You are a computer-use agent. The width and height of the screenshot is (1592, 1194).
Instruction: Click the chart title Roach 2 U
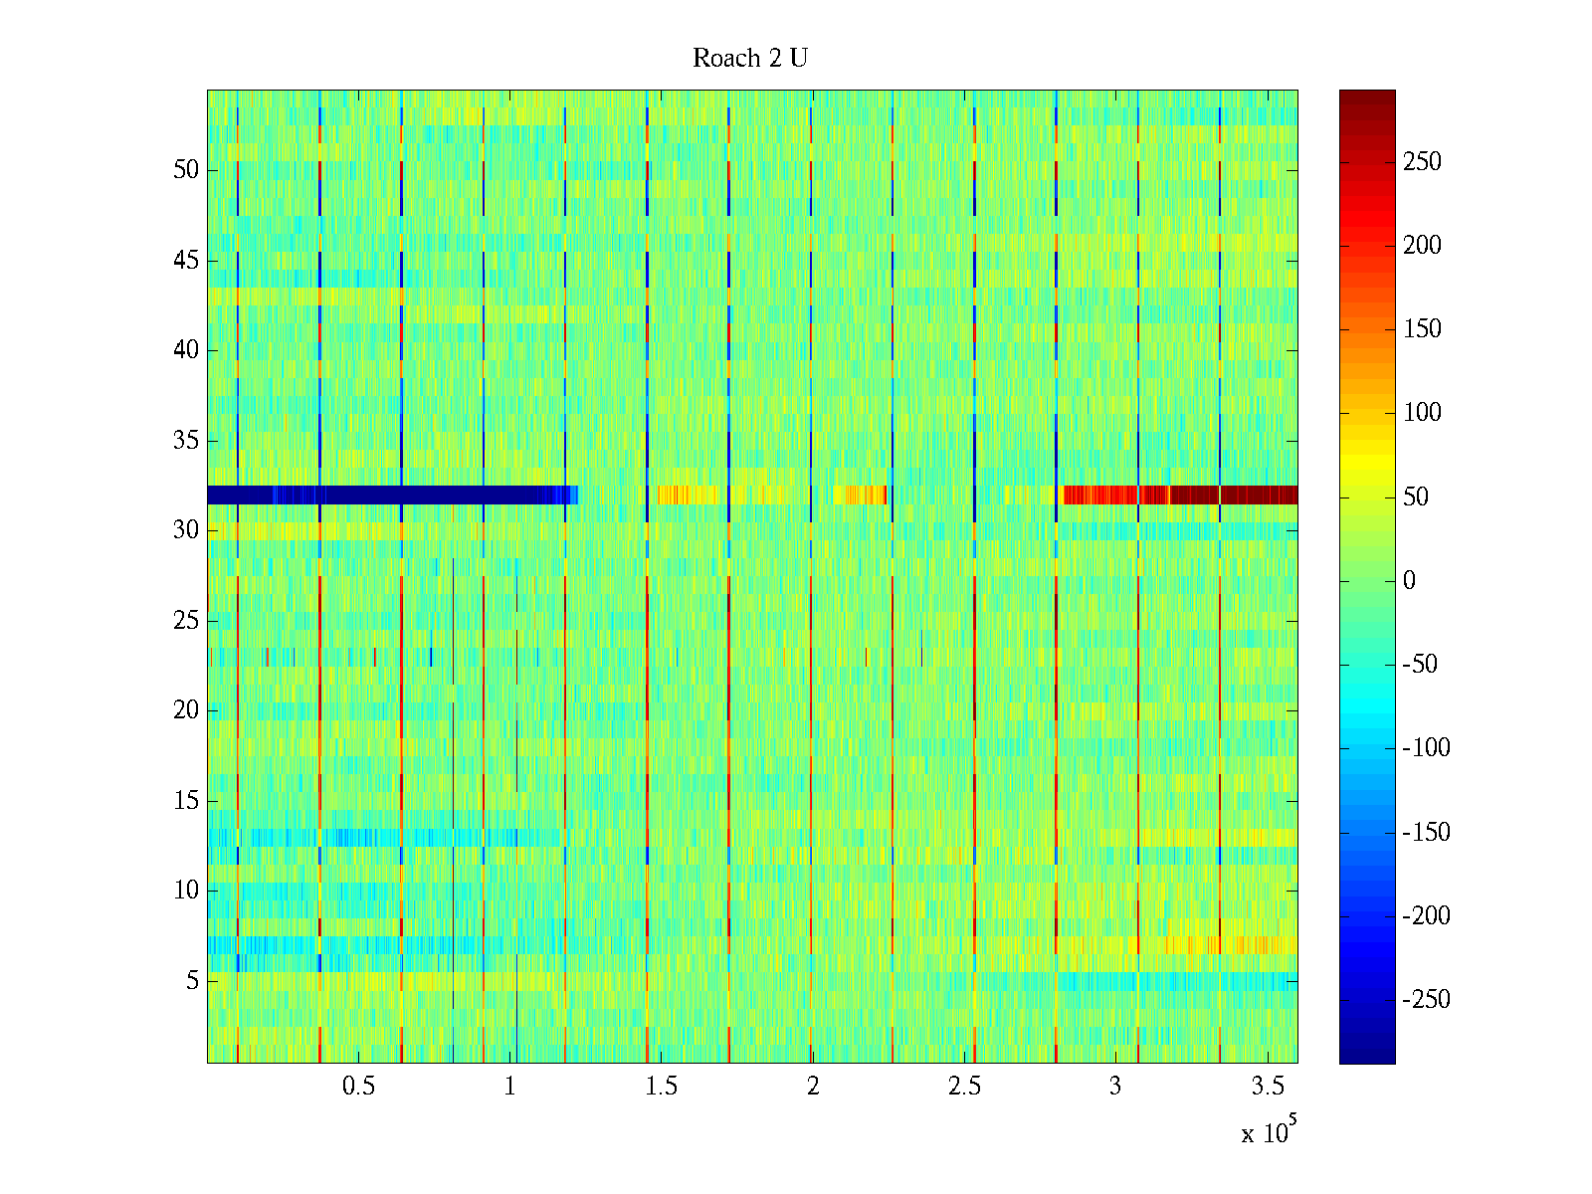click(750, 59)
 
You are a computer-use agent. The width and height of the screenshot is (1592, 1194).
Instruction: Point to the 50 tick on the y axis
click(186, 170)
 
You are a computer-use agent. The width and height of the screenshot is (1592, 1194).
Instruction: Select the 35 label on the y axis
click(186, 441)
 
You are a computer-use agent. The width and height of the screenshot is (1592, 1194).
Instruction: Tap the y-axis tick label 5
click(192, 981)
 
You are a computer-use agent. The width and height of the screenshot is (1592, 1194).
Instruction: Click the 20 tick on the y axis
click(186, 710)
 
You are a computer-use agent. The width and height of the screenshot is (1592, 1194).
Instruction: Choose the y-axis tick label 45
click(186, 261)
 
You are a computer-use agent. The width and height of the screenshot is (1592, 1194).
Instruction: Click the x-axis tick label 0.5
click(359, 1087)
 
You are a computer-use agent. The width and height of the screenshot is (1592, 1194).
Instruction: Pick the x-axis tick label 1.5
click(662, 1087)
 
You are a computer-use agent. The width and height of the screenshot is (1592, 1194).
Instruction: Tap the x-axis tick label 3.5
click(1268, 1087)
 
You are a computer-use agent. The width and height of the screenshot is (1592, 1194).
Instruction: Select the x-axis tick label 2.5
click(964, 1087)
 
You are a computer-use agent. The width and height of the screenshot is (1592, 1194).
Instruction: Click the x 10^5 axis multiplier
click(1268, 1131)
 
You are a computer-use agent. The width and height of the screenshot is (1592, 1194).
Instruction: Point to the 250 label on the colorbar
click(1422, 162)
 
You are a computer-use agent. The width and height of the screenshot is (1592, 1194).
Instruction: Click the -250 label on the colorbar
click(1426, 1000)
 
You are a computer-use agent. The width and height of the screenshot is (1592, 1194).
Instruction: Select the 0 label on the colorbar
click(1409, 581)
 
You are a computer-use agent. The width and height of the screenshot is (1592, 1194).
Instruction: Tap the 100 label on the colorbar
click(1422, 413)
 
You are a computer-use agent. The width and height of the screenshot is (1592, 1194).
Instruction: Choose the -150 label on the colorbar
click(1426, 833)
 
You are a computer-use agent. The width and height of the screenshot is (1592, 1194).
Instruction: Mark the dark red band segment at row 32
click(1234, 495)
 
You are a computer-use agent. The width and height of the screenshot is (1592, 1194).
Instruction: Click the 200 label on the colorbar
click(1422, 246)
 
